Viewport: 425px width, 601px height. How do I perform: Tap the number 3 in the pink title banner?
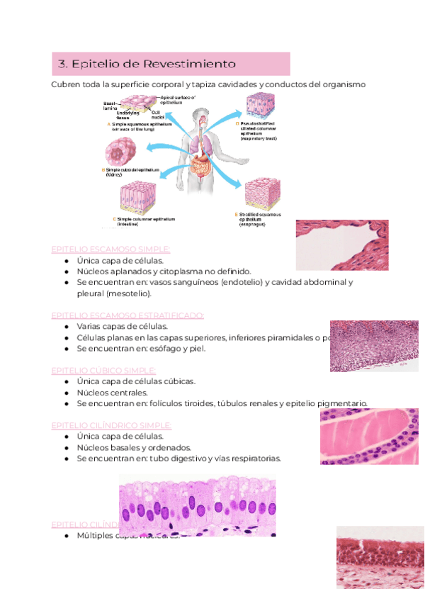pyautogui.click(x=62, y=64)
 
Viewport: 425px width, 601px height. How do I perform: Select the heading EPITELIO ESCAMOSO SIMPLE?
pyautogui.click(x=111, y=249)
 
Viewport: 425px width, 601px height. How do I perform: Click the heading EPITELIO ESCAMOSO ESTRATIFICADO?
pyautogui.click(x=128, y=315)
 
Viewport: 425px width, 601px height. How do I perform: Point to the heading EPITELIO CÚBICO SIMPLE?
pyautogui.click(x=103, y=370)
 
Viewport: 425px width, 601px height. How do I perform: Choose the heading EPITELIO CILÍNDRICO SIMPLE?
pyautogui.click(x=111, y=425)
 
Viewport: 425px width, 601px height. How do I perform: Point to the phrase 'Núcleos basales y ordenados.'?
pyautogui.click(x=135, y=447)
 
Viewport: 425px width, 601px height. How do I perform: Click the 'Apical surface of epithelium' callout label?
pyautogui.click(x=178, y=99)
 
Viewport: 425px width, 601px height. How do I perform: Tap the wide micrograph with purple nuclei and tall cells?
pyautogui.click(x=197, y=506)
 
